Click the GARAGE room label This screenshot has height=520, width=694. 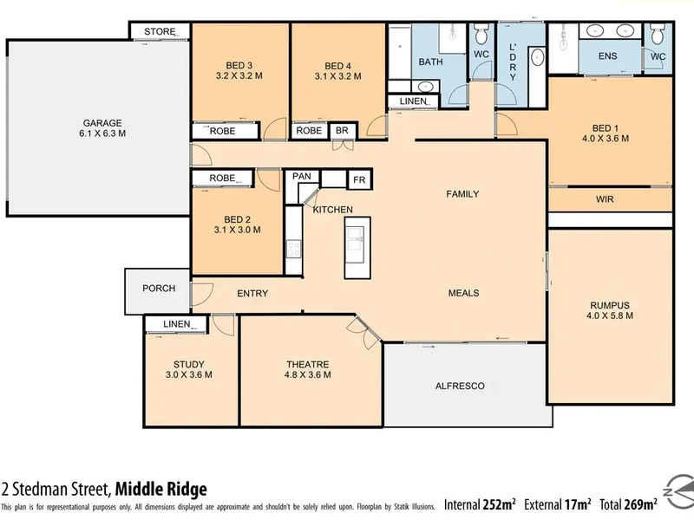point(102,123)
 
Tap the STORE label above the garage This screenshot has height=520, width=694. point(160,32)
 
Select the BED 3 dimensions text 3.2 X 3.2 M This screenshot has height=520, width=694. point(239,75)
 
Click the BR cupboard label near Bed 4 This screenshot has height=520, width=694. point(342,131)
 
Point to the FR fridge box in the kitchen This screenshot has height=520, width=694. point(359,180)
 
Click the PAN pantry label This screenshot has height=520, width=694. point(301,176)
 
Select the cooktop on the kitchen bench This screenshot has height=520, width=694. point(293,249)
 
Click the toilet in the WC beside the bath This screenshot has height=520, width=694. point(481,34)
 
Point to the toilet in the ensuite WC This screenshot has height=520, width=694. point(658,34)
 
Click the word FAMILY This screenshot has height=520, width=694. point(462,193)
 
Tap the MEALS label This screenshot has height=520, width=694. point(463,293)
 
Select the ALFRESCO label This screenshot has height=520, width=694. point(460,386)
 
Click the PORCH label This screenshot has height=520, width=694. point(159,289)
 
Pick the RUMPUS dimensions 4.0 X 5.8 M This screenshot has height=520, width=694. point(610,315)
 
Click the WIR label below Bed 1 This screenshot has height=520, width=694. point(605,199)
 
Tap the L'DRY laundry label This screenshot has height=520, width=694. point(513,62)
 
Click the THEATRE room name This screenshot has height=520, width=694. point(308,364)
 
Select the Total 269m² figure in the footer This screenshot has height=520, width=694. point(628,504)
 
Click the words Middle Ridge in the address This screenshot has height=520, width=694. point(161,490)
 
